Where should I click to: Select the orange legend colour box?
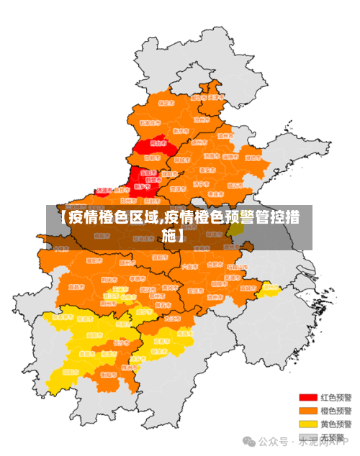click(308, 411)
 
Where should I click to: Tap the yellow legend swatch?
click(308, 424)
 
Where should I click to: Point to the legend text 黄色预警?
click(336, 424)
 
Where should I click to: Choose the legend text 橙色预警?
click(336, 411)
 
